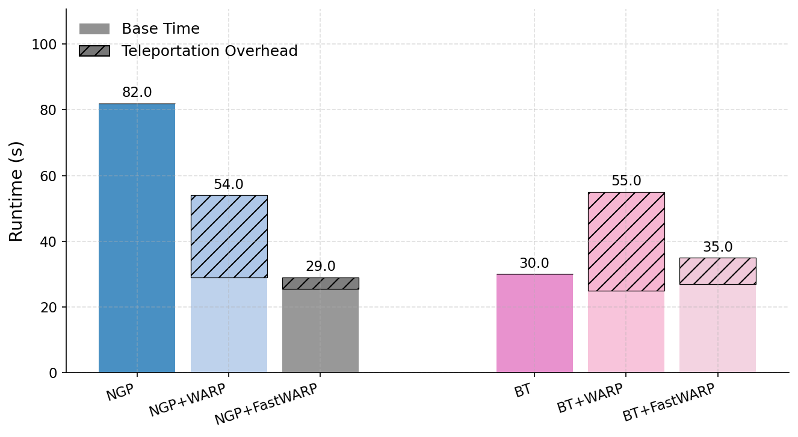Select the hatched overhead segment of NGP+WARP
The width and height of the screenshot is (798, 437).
coord(229,236)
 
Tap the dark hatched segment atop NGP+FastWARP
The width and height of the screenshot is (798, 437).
coord(320,284)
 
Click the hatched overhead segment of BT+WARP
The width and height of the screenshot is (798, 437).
coord(626,241)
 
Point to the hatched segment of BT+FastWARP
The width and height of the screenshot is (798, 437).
coord(717,271)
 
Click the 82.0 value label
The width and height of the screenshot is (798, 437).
coord(137,93)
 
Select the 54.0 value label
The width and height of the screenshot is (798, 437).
coord(229,185)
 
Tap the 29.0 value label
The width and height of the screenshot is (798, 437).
coord(320,267)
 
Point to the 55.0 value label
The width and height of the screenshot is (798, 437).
coord(626,181)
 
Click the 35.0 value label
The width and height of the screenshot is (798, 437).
coord(717,247)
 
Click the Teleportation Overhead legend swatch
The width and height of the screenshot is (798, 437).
coord(94,51)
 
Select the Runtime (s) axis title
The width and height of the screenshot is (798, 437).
coord(16,191)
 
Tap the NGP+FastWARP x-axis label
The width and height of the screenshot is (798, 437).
coord(266,404)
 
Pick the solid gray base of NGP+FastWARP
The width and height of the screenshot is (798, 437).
coord(320,330)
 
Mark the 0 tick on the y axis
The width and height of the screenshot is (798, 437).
coord(53,373)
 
